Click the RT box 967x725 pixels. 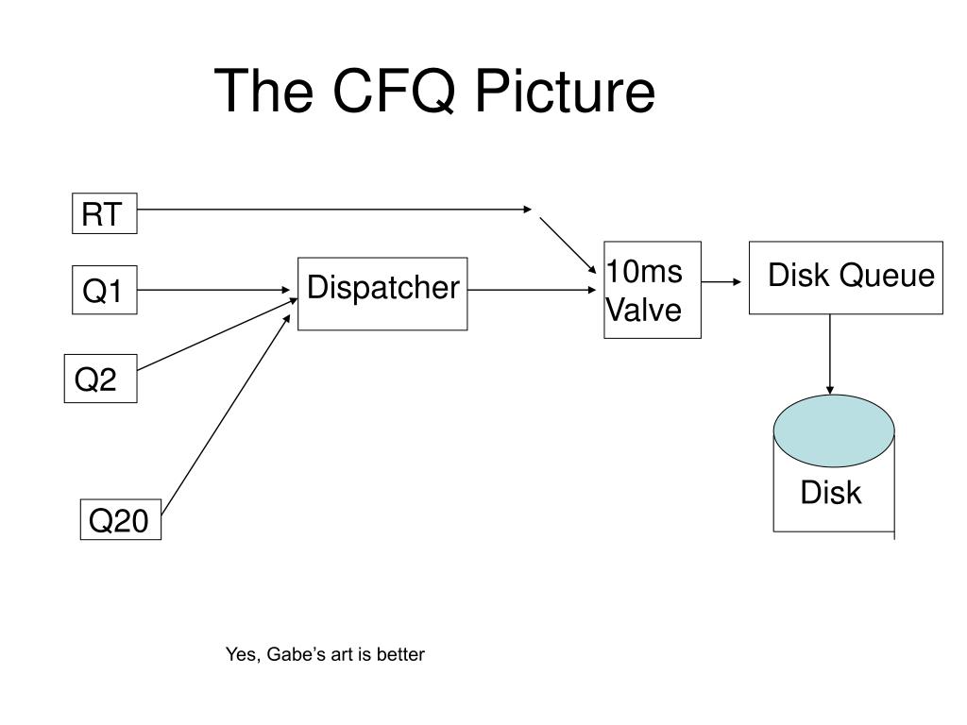[104, 213]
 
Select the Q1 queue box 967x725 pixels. [104, 290]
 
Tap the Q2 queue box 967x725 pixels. [100, 379]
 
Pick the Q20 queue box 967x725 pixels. [120, 520]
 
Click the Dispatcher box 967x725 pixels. [382, 295]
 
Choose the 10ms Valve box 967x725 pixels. [653, 290]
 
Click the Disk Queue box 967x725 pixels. [845, 278]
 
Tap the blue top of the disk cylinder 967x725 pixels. [834, 430]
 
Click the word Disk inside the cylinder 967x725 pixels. [831, 493]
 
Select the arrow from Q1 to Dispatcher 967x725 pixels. [213, 290]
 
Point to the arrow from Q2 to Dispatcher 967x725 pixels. [217, 335]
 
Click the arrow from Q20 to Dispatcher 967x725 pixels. [225, 414]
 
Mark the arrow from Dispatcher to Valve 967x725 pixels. [533, 290]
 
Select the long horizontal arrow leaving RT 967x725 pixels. [334, 210]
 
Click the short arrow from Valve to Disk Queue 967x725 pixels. [721, 281]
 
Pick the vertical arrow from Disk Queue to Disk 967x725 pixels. [830, 355]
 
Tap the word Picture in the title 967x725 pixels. [565, 91]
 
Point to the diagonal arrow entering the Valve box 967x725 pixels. [568, 245]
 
